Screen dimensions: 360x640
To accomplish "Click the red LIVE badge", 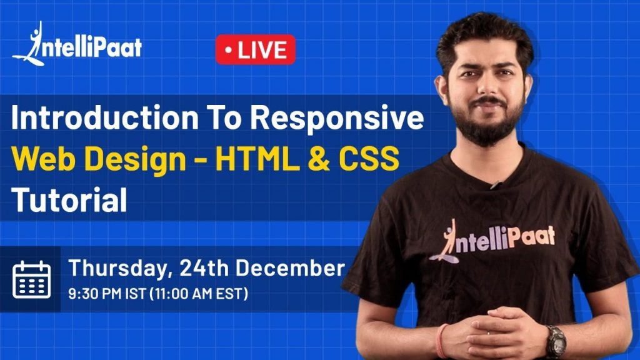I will click(x=255, y=50).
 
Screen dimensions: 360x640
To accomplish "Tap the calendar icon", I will click(x=31, y=279).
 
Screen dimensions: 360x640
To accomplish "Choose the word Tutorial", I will click(x=69, y=200).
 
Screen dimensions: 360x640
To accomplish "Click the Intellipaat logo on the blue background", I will click(x=77, y=45).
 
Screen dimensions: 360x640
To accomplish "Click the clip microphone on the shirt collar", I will click(x=496, y=184).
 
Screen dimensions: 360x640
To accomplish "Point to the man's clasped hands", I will click(x=497, y=337).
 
